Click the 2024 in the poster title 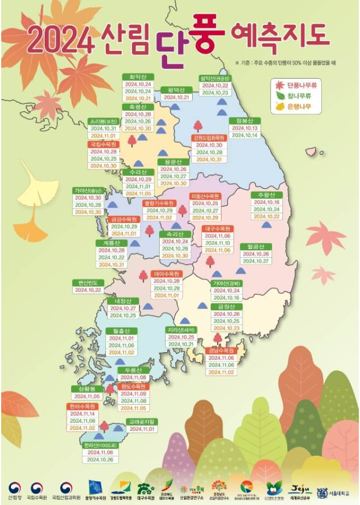[61, 39]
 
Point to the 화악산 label [138, 76]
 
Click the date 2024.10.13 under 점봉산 [245, 128]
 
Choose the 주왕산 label [266, 195]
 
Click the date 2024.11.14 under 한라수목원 [82, 414]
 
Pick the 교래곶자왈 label [142, 422]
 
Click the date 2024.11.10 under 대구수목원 [218, 243]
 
